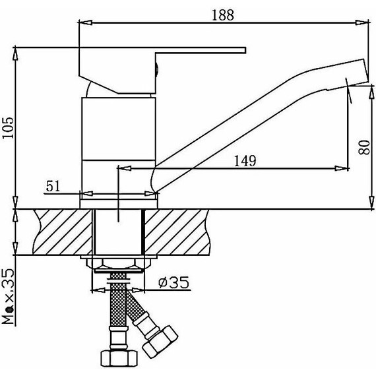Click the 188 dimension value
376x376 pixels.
pos(223,15)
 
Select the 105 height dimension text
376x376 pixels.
pos(8,127)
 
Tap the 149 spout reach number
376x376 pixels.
pos(245,161)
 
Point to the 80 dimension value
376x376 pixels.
pos(363,146)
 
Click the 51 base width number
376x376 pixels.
pos(53,186)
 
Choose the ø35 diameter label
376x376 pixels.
pos(174,282)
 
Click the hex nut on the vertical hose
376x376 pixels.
pos(119,358)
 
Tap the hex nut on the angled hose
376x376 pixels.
pos(160,342)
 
